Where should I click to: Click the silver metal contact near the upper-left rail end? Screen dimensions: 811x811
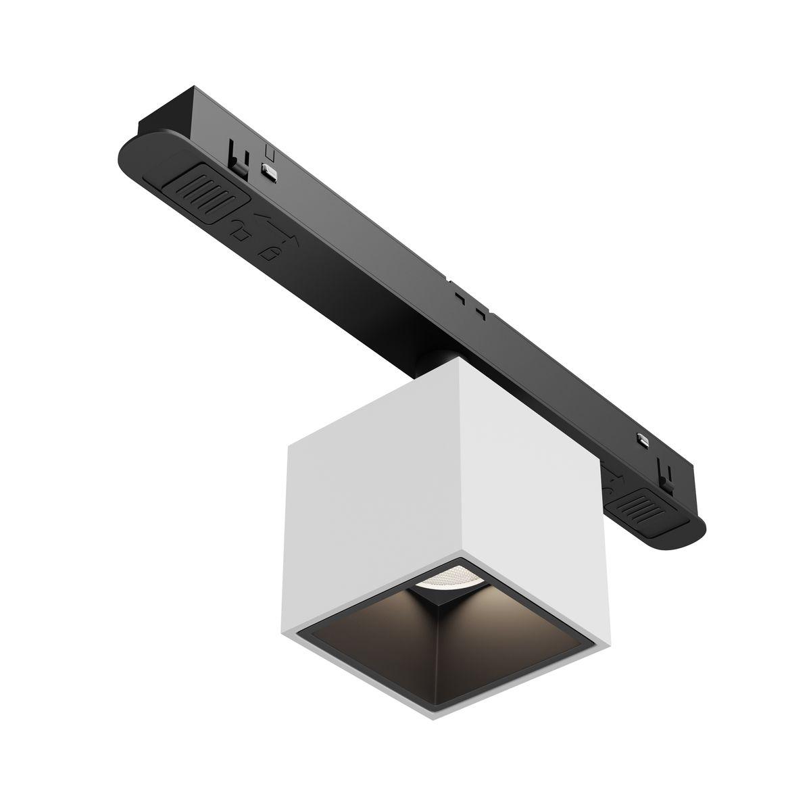[270, 172]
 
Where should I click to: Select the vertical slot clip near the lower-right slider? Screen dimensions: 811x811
[666, 473]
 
